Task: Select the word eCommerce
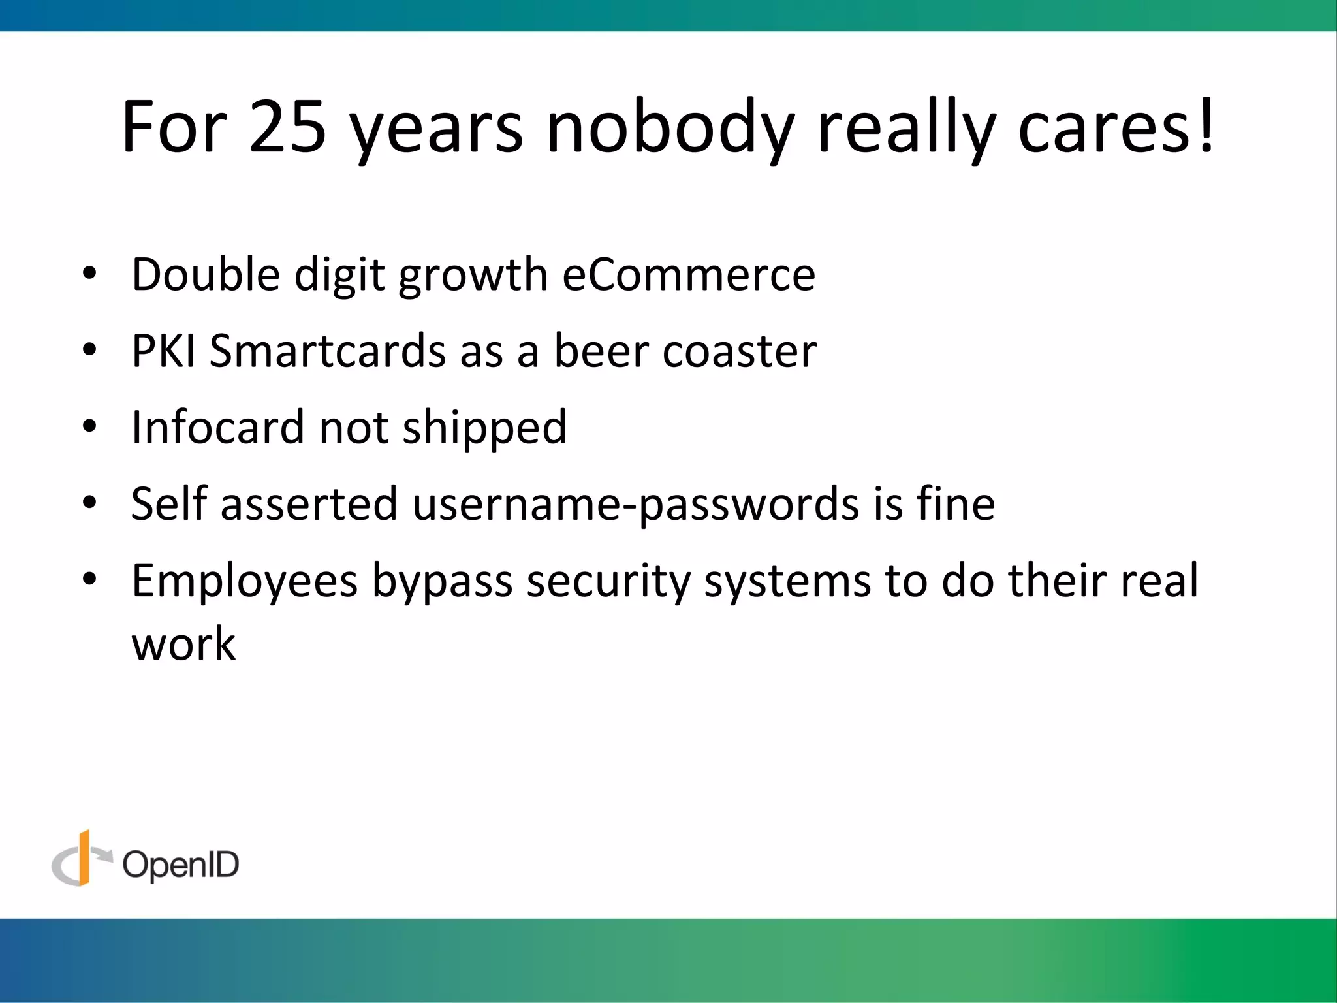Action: click(688, 274)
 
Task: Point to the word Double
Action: click(206, 274)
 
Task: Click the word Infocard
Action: click(218, 428)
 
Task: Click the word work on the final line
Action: click(183, 644)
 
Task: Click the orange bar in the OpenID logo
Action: click(84, 857)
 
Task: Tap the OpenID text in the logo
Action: click(181, 865)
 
